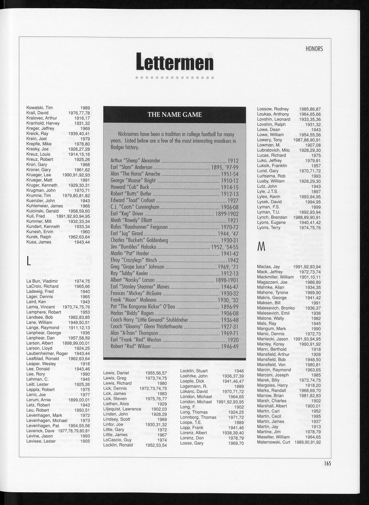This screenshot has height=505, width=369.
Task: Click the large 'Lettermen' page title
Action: (174, 62)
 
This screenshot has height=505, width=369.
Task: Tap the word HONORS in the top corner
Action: (314, 49)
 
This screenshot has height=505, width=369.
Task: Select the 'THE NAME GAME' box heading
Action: (174, 115)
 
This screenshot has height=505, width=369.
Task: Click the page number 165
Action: (327, 463)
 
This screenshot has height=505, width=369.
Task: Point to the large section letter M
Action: (261, 248)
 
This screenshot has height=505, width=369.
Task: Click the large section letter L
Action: (29, 261)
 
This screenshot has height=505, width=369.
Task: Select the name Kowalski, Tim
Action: (40, 108)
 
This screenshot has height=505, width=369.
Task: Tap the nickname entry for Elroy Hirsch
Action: (134, 260)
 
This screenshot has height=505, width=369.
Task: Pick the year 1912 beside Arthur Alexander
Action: (233, 161)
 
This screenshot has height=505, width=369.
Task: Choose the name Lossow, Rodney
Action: (273, 109)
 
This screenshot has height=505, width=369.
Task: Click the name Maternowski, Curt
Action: (273, 442)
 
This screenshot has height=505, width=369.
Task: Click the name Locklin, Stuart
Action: (194, 371)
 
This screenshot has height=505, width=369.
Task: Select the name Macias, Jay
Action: (268, 267)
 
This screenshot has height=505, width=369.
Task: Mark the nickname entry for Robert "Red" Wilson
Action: (130, 346)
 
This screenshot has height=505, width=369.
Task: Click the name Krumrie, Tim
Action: (38, 196)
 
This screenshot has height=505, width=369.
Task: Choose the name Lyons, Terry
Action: (269, 228)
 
